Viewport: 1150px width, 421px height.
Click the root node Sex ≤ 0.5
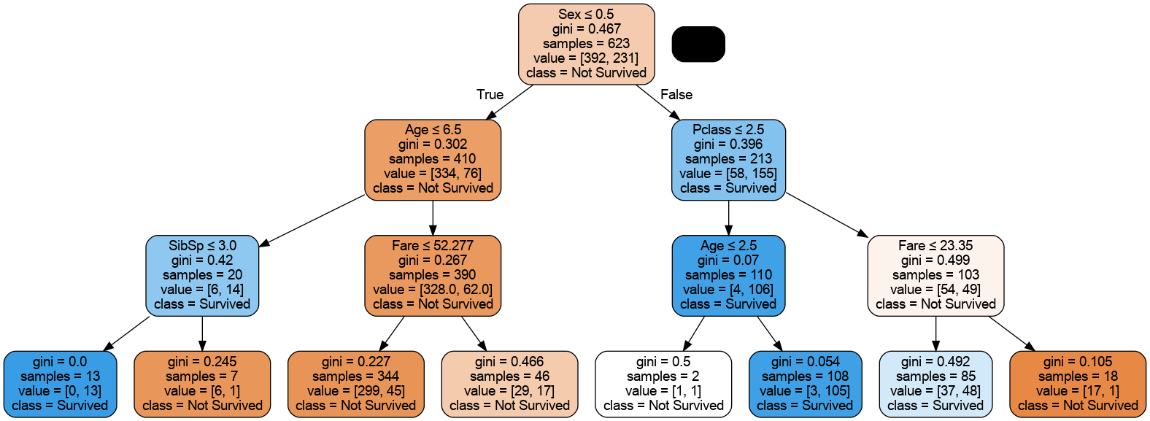pos(586,44)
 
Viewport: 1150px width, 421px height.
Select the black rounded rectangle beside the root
pos(698,45)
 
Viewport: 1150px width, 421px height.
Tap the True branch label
pos(490,95)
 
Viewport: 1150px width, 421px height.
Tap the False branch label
pos(676,95)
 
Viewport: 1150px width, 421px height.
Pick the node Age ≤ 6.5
pos(433,159)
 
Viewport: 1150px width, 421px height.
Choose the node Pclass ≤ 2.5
pos(728,159)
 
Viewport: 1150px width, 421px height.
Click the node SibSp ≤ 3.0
pos(202,275)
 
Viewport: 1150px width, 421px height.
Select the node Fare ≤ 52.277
pos(433,275)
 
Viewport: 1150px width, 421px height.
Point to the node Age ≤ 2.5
pos(728,275)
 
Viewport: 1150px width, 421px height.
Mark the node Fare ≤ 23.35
pos(935,275)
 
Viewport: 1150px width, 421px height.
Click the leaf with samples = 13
pos(60,384)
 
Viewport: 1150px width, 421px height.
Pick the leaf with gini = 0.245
pos(202,384)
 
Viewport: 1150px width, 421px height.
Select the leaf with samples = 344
pos(355,384)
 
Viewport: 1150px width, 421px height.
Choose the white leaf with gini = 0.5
pos(663,384)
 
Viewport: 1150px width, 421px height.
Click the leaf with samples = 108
pos(805,384)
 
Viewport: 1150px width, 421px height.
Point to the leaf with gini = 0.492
pos(935,384)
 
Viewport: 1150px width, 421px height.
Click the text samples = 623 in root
pos(586,44)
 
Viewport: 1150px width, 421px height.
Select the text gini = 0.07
pos(728,260)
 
